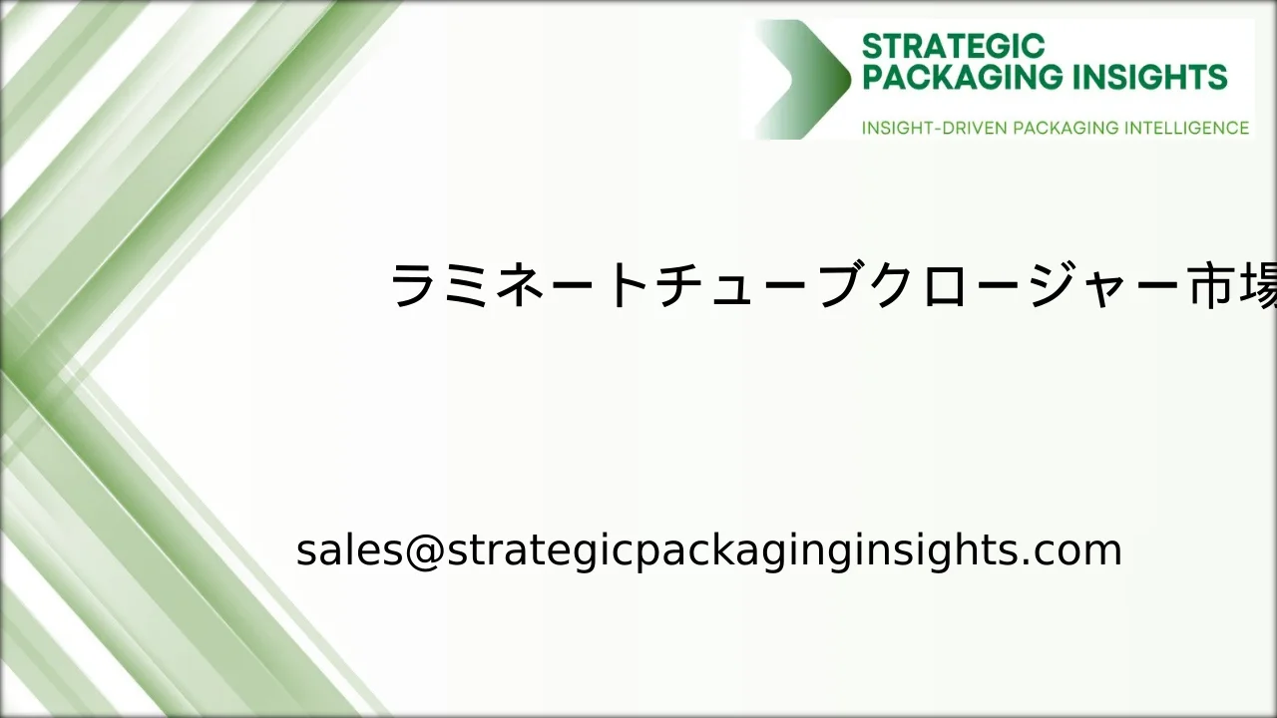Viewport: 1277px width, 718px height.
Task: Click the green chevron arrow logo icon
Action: point(803,79)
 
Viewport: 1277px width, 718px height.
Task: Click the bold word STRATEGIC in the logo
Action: point(953,46)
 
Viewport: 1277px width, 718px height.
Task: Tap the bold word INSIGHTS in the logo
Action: point(1150,77)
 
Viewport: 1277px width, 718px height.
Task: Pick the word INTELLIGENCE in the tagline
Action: point(1186,128)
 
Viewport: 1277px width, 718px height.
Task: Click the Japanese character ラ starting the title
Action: point(412,285)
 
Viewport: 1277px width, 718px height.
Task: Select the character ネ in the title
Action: point(518,285)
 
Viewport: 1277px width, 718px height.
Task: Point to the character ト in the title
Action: point(629,285)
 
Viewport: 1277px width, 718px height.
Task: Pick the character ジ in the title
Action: point(1054,284)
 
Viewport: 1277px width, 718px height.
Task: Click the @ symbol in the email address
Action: point(425,551)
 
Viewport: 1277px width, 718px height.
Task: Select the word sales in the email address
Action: point(349,549)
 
